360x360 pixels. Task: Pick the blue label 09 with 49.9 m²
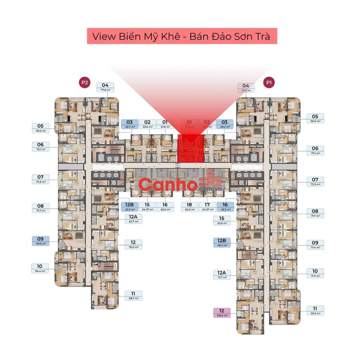click(x=40, y=240)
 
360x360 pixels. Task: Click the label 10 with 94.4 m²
click(x=40, y=268)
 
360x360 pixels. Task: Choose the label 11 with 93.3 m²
click(x=315, y=310)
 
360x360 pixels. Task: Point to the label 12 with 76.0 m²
click(x=133, y=244)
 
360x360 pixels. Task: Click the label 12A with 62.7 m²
click(x=133, y=219)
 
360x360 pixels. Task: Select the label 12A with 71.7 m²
click(x=222, y=275)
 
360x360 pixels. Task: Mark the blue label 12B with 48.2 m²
click(x=222, y=243)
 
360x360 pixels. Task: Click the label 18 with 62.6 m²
click(x=189, y=207)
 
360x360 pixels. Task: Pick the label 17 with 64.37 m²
click(x=207, y=207)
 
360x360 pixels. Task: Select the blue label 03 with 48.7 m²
click(x=129, y=124)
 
